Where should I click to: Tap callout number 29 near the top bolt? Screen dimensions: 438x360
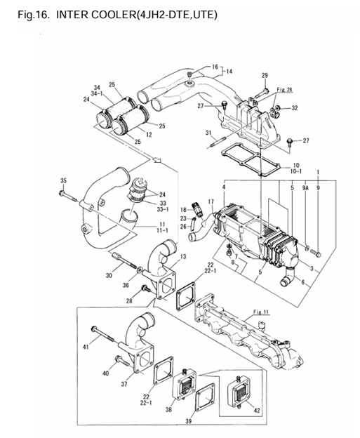pyautogui.click(x=265, y=75)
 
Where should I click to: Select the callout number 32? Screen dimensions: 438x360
pyautogui.click(x=295, y=108)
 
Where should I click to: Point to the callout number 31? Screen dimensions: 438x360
pyautogui.click(x=208, y=133)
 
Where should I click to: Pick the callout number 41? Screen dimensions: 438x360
pyautogui.click(x=87, y=347)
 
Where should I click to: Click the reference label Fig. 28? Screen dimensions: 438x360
pyautogui.click(x=284, y=90)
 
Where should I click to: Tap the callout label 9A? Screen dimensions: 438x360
pyautogui.click(x=305, y=188)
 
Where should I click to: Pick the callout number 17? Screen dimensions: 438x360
pyautogui.click(x=211, y=201)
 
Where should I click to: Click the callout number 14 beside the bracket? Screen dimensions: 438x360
pyautogui.click(x=228, y=72)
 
